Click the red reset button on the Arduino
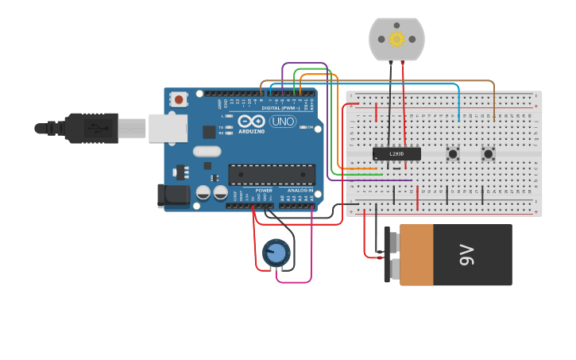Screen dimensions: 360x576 point(179,100)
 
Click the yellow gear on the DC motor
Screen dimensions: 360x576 point(396,39)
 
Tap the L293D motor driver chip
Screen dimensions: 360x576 point(396,153)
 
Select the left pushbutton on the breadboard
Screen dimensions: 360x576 point(454,154)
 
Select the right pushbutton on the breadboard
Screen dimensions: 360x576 point(489,154)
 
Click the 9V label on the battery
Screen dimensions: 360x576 point(466,255)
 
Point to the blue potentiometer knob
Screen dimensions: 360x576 point(276,254)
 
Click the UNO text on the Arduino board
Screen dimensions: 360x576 point(283,122)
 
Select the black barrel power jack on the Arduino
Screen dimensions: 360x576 point(172,195)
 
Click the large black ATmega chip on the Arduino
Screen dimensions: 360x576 point(271,174)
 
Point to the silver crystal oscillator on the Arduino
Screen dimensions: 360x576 point(207,151)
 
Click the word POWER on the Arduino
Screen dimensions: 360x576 point(264,191)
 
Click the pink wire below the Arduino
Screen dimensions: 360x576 point(294,281)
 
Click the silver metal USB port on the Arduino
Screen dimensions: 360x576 point(167,128)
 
